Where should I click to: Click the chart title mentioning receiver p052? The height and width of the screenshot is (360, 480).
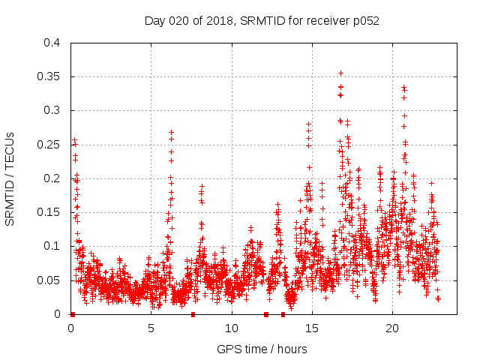262,21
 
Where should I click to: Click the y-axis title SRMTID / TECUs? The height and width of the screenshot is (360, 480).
10,178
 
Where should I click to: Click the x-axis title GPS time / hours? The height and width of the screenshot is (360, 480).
262,349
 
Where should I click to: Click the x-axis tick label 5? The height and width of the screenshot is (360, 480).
151,328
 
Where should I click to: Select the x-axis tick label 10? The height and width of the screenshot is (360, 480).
232,328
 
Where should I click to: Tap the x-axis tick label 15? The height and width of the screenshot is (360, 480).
312,328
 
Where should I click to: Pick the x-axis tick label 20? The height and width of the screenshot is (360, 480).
392,328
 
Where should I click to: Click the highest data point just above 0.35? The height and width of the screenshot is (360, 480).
340,73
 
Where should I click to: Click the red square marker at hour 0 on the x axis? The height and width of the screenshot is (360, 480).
73,314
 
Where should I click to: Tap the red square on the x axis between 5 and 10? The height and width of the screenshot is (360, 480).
193,314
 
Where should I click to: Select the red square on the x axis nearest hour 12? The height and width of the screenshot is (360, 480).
266,314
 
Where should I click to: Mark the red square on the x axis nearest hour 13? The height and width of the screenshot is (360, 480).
283,314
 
